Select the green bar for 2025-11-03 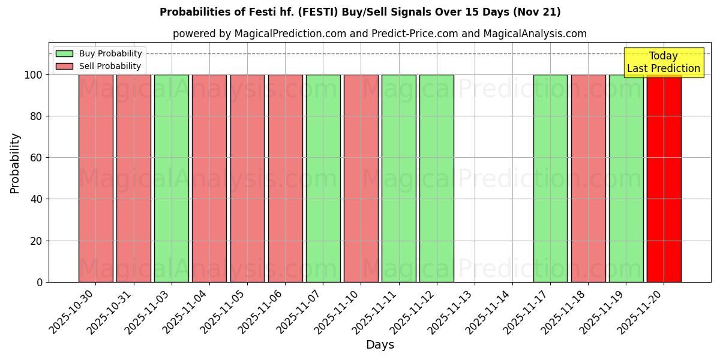tap(171, 178)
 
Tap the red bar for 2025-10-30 tap(95, 178)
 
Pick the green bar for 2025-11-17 tap(550, 178)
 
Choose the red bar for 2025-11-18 tap(588, 178)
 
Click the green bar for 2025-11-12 tap(436, 178)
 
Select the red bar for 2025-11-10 tap(361, 178)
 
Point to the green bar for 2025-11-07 tap(323, 178)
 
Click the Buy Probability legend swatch tap(64, 54)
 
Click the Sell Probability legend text tap(110, 67)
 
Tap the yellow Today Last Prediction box tap(663, 62)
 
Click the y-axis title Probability tap(15, 163)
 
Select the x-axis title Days tap(380, 345)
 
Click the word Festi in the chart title tap(271, 12)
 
